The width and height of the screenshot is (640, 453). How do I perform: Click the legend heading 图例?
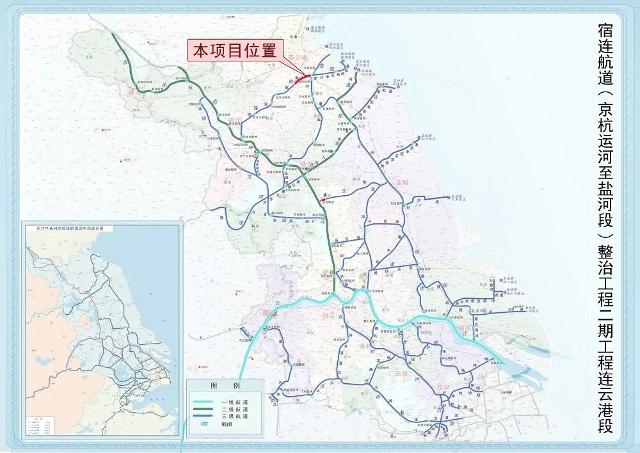click(x=225, y=386)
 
